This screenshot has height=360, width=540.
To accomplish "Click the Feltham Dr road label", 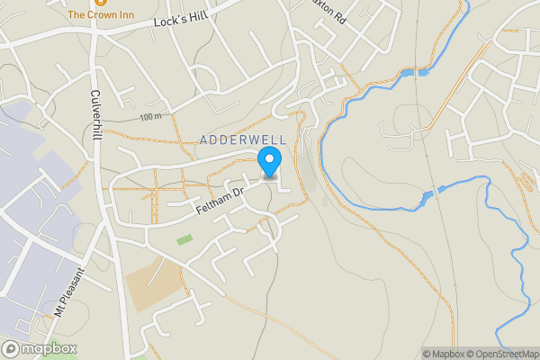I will (x=220, y=202).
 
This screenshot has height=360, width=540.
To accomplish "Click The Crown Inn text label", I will (x=101, y=14).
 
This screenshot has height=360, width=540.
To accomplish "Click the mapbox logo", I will (x=40, y=349).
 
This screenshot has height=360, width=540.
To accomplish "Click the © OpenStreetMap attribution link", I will (x=500, y=354).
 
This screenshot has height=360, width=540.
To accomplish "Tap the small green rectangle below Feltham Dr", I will (x=184, y=239).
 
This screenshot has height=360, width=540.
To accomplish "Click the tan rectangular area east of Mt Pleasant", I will (x=148, y=283).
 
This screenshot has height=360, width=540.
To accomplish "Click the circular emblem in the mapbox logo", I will (x=11, y=349).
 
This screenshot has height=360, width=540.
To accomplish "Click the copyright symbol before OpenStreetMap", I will (x=468, y=354).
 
